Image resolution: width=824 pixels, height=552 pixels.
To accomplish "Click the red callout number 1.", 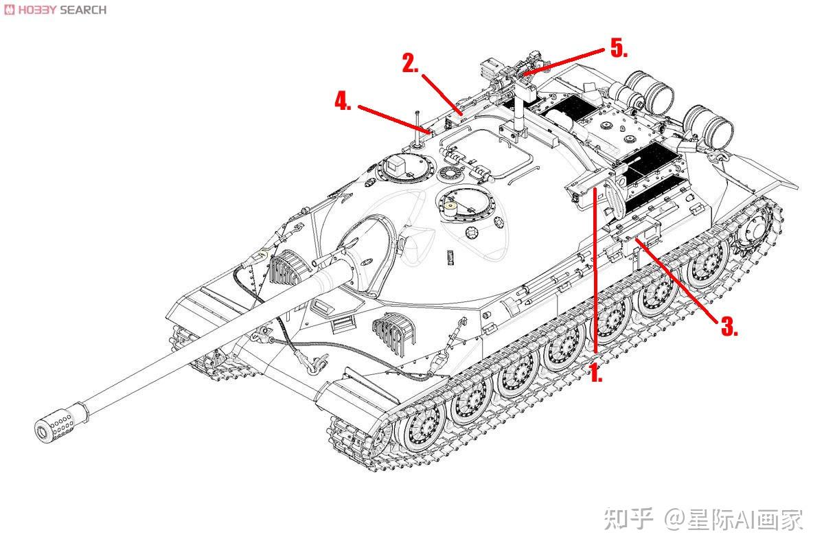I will (596, 374).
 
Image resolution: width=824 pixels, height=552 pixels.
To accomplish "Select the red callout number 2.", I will (411, 64).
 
